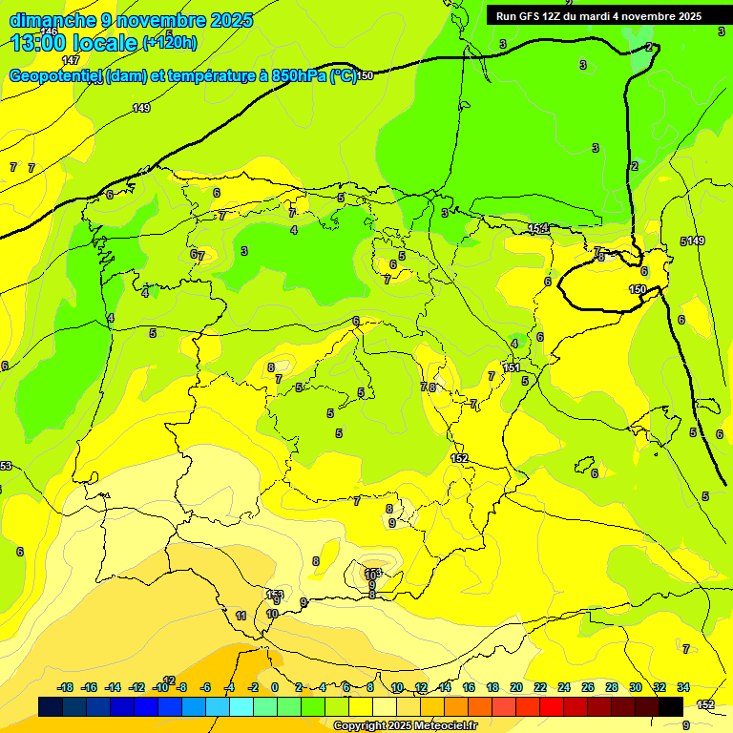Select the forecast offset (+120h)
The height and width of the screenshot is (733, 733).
pyautogui.click(x=170, y=42)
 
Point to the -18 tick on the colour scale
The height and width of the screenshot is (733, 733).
pyautogui.click(x=65, y=687)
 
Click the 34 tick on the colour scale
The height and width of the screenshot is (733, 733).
pyautogui.click(x=683, y=687)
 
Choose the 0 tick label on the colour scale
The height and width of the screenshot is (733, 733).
pyautogui.click(x=275, y=687)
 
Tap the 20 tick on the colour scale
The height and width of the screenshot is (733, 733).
pyautogui.click(x=516, y=687)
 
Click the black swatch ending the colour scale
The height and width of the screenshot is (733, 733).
pyautogui.click(x=671, y=706)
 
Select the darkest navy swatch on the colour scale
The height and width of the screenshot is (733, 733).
pyautogui.click(x=51, y=706)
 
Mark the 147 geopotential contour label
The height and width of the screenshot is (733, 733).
pyautogui.click(x=71, y=87)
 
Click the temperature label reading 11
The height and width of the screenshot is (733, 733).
pyautogui.click(x=241, y=616)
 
